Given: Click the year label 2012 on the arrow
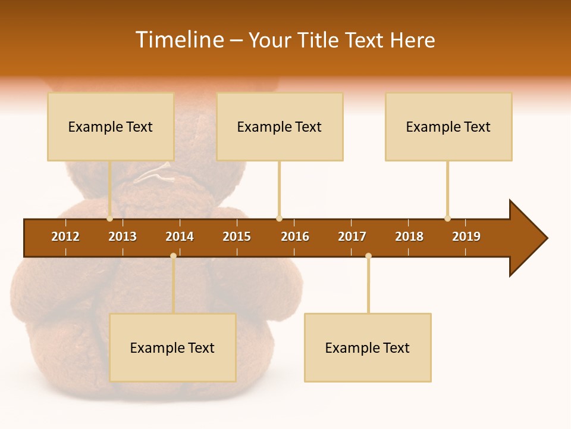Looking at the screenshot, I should coord(65,237).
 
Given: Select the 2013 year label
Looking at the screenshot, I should coord(123,237).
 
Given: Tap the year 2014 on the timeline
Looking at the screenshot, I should coord(180,237).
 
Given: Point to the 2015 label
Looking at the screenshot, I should coord(237,237).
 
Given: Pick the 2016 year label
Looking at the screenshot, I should coord(295,237).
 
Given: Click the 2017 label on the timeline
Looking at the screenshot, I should coord(352,237).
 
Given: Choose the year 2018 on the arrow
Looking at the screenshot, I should coord(409,237).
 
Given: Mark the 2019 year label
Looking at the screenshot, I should coord(466,237).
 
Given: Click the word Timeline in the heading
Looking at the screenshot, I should coord(179,40).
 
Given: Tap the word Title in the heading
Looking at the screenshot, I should coord(319,40).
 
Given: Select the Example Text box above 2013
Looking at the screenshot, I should coord(111,126).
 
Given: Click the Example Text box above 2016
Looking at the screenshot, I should coord(280,126).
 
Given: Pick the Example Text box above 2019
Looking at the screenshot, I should coord(448,126).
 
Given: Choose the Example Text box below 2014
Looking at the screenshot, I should coord(172,347).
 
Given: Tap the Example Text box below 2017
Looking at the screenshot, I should coord(368,347).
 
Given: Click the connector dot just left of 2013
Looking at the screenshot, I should coord(110,219).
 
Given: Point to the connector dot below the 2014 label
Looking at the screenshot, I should coord(173,256).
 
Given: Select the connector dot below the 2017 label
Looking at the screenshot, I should coord(368,256).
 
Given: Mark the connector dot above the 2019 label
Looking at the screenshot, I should coord(447,219).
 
